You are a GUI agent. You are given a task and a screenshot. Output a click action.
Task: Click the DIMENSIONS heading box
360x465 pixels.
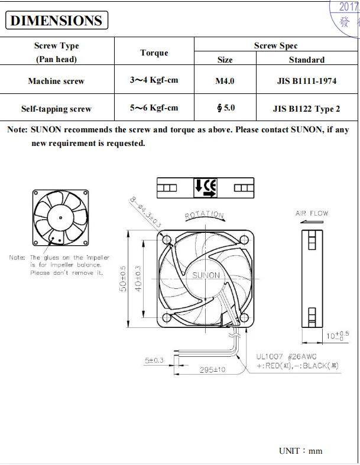click(57, 21)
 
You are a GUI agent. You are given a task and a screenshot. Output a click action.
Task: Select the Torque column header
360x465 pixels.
click(154, 53)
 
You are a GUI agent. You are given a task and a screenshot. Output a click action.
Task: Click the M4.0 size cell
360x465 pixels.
click(225, 81)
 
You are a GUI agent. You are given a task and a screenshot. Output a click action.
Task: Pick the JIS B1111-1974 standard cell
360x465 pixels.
click(306, 81)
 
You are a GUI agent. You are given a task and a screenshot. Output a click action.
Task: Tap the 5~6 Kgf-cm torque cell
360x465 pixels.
click(154, 108)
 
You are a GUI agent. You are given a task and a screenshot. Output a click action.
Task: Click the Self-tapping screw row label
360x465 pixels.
click(56, 109)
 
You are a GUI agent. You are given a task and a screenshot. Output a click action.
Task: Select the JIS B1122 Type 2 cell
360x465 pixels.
click(306, 109)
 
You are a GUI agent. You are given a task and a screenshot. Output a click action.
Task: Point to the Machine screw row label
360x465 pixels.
click(56, 81)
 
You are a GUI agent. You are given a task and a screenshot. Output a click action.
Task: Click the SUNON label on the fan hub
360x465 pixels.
click(206, 275)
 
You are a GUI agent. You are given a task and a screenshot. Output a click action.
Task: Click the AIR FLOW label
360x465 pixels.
click(312, 213)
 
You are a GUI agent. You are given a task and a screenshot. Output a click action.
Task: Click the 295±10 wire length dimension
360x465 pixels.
click(212, 370)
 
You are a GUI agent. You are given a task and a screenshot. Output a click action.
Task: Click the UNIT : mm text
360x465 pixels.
click(300, 451)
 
